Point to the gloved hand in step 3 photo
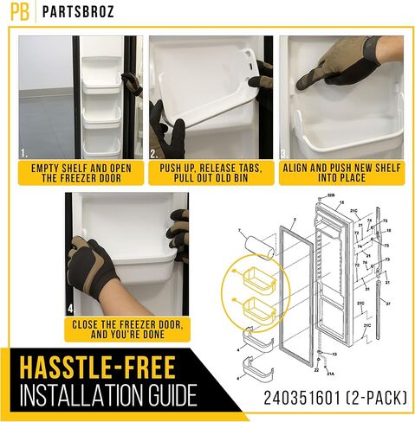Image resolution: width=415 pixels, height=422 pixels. [341, 69]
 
